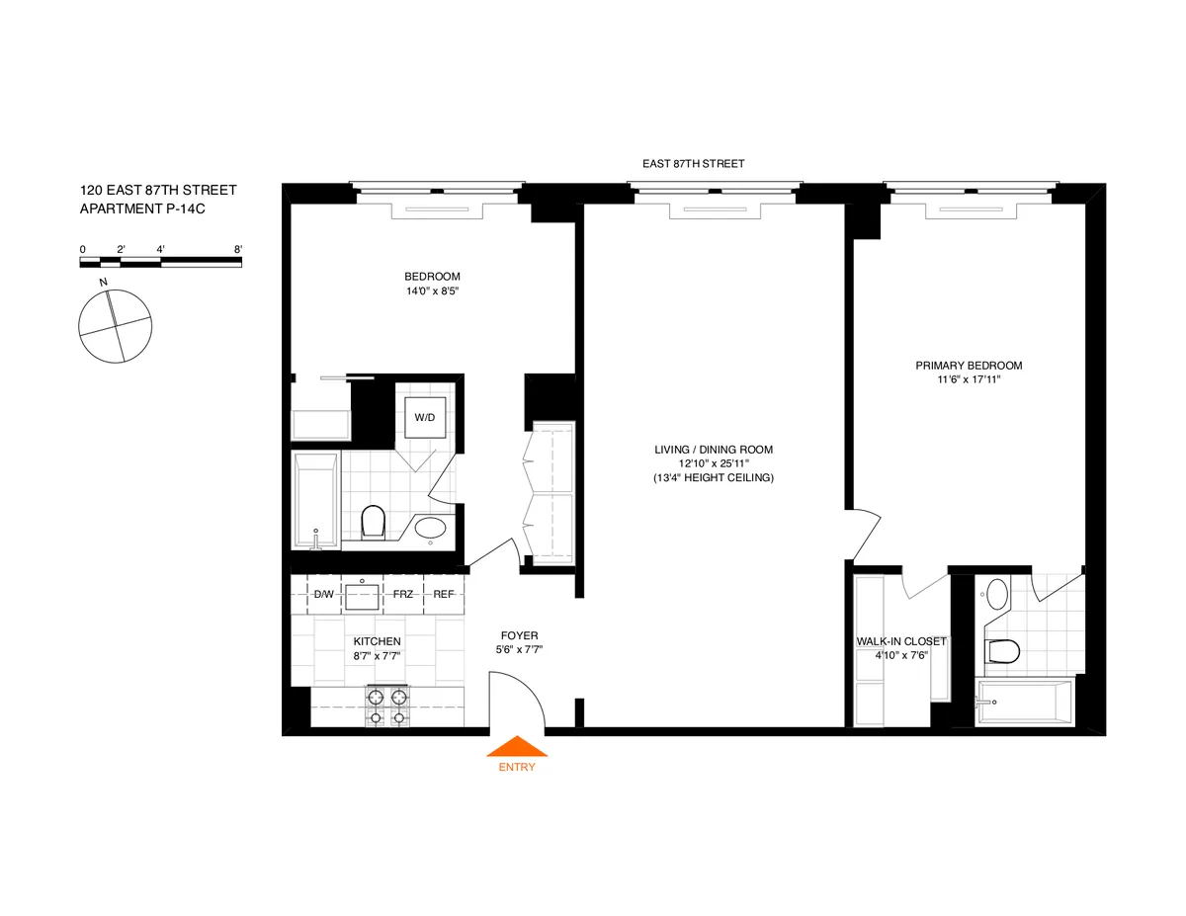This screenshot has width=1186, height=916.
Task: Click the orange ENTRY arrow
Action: tap(517, 747)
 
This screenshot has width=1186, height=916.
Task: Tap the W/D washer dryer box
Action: tap(424, 417)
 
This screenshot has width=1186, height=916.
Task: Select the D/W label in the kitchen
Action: tap(323, 594)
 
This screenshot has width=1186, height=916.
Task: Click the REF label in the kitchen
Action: tap(444, 594)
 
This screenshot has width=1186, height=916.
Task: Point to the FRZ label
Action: tap(402, 594)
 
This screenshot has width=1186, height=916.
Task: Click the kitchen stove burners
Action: tap(387, 705)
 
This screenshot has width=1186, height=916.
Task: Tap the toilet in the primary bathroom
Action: tap(1001, 650)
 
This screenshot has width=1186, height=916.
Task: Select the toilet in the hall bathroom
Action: tap(373, 522)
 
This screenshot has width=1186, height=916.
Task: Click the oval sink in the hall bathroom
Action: tap(430, 528)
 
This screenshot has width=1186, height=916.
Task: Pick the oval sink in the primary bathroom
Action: tap(996, 595)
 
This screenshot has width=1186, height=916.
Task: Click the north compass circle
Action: tap(116, 324)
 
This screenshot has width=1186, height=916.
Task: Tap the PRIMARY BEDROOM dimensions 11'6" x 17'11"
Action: tap(969, 378)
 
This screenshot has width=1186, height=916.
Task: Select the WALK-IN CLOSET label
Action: tap(900, 641)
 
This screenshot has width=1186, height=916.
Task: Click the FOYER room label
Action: tap(519, 635)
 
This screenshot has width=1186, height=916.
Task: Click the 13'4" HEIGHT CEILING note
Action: tap(713, 477)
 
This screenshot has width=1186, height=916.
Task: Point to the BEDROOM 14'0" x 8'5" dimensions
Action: tap(432, 291)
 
